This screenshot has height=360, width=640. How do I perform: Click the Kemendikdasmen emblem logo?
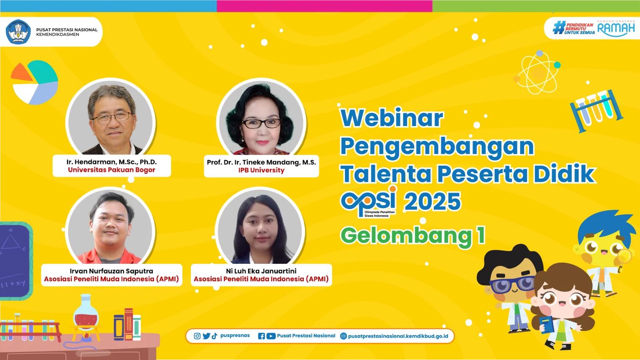(x=18, y=32)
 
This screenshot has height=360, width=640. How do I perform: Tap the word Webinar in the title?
(x=392, y=118)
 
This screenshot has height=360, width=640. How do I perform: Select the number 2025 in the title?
(x=432, y=201)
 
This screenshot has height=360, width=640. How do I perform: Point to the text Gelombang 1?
(x=413, y=236)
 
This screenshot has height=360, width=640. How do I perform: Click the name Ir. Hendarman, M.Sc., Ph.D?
(x=112, y=162)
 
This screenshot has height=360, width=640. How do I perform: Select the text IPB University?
(x=261, y=170)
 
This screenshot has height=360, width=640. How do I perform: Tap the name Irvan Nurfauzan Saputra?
(x=111, y=271)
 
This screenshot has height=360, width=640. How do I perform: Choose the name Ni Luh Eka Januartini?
(x=261, y=271)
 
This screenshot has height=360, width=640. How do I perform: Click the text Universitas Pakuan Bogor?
(x=111, y=170)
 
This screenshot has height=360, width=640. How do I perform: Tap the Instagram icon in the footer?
(x=197, y=336)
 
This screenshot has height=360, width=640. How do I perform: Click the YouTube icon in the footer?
(x=271, y=336)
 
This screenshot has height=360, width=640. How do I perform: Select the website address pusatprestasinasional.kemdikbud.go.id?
(x=398, y=336)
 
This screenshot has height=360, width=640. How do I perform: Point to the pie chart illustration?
(x=35, y=82)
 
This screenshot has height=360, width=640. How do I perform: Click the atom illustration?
(x=537, y=73)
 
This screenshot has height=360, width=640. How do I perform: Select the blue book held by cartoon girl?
(x=546, y=325)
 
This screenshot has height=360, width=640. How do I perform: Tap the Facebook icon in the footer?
(x=261, y=336)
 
